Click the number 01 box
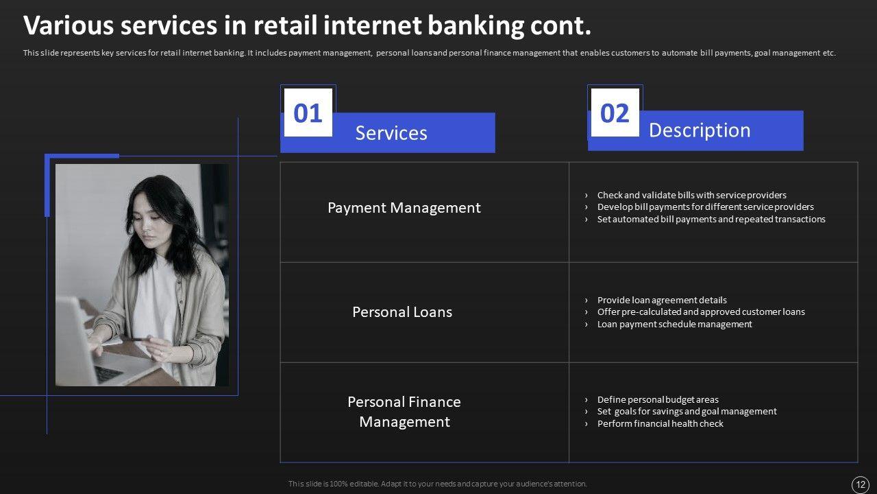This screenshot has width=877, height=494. tap(308, 113)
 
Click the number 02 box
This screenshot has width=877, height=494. tap(615, 113)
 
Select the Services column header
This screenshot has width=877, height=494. tap(391, 133)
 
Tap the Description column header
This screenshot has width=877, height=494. tap(700, 130)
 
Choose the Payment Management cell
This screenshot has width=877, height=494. tap(404, 208)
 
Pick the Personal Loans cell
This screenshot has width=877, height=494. tap(402, 312)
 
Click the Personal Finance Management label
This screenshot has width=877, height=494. tap(404, 412)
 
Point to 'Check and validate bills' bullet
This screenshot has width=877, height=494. tap(691, 196)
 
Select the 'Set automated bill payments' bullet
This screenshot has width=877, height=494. tap(711, 219)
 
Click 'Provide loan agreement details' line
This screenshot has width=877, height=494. tap(662, 301)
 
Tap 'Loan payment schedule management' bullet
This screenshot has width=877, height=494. tap(674, 325)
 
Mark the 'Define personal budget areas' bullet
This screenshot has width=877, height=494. tap(658, 399)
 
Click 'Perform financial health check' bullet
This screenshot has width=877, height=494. tap(660, 424)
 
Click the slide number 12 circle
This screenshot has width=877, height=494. tap(861, 484)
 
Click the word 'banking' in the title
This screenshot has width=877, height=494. tap(475, 26)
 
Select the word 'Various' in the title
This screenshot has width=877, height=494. tap(69, 25)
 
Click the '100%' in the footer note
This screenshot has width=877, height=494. tap(338, 484)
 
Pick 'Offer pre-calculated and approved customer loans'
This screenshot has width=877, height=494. tap(701, 312)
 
